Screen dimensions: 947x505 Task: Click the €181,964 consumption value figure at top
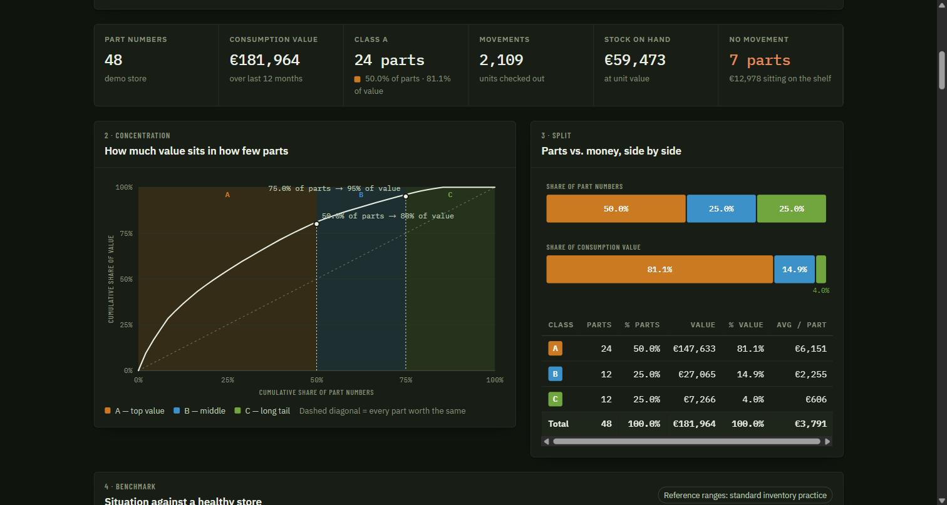coord(265,60)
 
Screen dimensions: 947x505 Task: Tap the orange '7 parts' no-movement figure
coord(760,60)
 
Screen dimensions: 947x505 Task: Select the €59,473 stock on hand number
coord(635,60)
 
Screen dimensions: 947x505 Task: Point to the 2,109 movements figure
coord(502,60)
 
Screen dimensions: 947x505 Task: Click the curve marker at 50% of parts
coord(317,224)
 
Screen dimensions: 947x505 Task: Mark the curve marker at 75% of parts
coord(406,196)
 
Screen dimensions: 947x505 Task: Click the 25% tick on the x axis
coord(227,380)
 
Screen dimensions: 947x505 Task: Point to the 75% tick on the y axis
coord(126,233)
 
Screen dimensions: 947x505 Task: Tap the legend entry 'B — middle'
coord(200,411)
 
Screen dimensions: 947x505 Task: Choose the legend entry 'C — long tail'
coord(262,411)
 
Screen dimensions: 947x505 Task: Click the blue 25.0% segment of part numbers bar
coord(722,208)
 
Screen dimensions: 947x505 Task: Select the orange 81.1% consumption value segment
coord(660,269)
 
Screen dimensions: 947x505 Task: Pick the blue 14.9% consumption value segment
coord(794,269)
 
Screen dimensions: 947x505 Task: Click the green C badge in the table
coord(555,399)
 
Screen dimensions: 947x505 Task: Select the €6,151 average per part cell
coord(810,349)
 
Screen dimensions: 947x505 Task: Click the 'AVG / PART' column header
coord(802,325)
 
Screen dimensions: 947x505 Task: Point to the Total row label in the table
coord(558,424)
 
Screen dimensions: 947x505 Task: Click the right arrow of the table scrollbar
coord(827,441)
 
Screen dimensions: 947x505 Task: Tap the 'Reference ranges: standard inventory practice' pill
coord(745,495)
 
